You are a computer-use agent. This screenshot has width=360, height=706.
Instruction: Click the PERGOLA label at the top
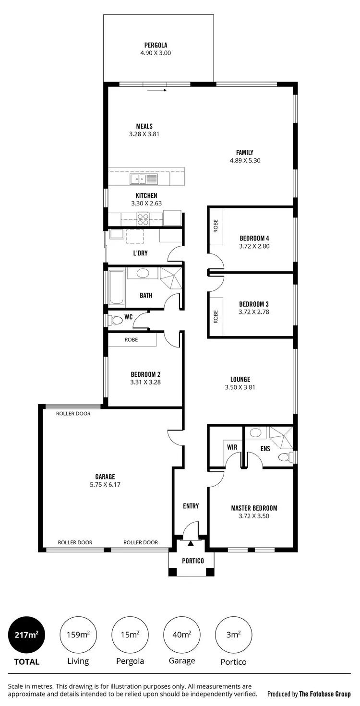[156, 45]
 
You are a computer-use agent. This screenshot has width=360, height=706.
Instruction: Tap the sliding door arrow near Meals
[157, 90]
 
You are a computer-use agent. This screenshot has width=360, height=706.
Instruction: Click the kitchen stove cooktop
[143, 219]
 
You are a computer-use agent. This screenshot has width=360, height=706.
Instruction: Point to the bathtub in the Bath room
[117, 288]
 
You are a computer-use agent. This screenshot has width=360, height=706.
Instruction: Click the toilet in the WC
[117, 320]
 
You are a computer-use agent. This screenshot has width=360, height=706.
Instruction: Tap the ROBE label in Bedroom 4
[216, 226]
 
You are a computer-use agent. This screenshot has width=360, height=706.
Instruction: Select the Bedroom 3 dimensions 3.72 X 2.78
[254, 312]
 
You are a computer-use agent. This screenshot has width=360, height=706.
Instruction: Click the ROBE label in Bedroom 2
[131, 340]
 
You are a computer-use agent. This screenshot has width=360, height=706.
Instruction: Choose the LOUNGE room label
[240, 379]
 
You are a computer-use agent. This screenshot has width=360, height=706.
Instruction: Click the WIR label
[232, 447]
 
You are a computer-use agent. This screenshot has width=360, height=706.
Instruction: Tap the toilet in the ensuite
[285, 456]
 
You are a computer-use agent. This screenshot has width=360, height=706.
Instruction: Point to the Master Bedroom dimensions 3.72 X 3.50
[254, 516]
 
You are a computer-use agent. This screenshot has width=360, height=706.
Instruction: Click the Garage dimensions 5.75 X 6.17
[105, 485]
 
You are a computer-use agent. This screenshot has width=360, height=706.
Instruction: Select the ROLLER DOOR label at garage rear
[73, 413]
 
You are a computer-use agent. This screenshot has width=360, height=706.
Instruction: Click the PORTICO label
[193, 561]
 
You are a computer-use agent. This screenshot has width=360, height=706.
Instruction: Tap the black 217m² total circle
[27, 634]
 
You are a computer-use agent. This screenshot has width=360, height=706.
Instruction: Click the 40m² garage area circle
[182, 634]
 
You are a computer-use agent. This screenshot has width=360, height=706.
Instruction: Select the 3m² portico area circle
[233, 634]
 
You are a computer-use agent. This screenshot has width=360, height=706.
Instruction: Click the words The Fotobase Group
[324, 694]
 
